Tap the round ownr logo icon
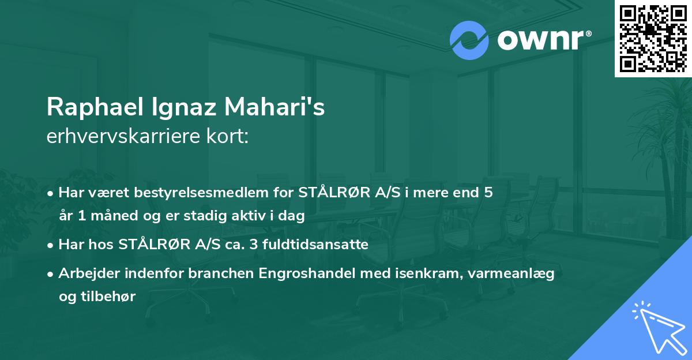(x=469, y=40)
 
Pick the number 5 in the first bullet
(x=488, y=192)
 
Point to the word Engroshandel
(x=304, y=273)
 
